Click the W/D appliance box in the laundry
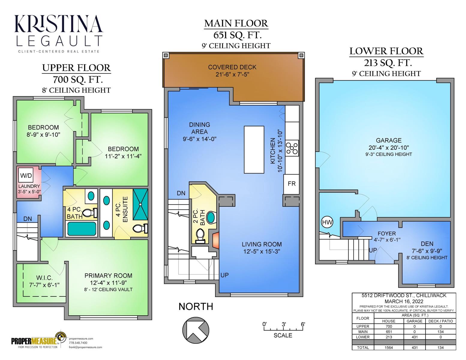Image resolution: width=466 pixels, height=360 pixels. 26,175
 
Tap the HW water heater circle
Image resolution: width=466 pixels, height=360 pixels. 327,222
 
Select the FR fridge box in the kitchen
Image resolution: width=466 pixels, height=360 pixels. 291,184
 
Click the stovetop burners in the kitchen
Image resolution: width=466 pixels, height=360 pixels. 292,148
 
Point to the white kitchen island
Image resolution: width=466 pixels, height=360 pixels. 254,150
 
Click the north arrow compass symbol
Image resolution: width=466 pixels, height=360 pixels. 196,330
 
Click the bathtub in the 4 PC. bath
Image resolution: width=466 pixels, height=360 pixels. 82,229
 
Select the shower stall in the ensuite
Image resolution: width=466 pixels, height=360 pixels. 140,204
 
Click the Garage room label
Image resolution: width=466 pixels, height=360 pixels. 389,140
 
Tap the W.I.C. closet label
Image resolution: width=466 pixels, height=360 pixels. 44,278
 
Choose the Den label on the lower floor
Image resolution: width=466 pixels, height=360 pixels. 427,244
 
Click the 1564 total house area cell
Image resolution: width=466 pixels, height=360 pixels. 388,348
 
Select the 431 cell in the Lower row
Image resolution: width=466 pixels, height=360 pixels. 414,337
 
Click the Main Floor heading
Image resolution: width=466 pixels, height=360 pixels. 236,24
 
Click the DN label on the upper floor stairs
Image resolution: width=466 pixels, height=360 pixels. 28,219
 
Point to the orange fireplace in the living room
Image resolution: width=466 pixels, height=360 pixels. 215,241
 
